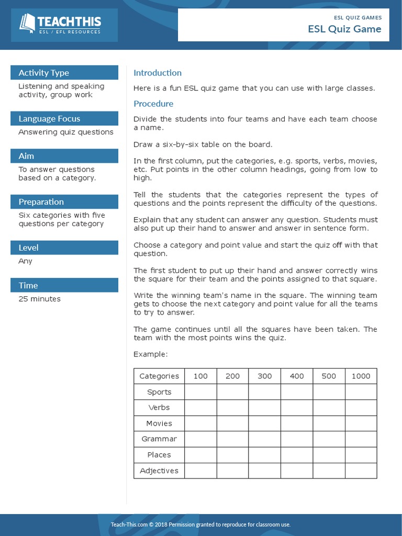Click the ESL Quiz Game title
pos(344,29)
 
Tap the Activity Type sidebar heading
pos(44,73)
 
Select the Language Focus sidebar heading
pos(49,119)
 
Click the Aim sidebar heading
pos(26,156)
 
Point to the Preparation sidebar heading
pos(41,202)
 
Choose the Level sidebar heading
pos(28,248)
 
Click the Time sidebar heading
pos(28,285)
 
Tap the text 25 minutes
pos(39,299)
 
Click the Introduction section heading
pos(158,73)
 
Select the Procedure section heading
pos(153,104)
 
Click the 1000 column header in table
pos(361,376)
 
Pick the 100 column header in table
pos(200,376)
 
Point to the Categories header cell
pos(159,376)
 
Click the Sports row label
pos(159,392)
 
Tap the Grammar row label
pos(159,439)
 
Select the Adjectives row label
pos(159,471)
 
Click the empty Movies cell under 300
pos(265,423)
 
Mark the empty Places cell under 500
pos(329,455)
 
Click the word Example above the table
pos(150,354)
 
